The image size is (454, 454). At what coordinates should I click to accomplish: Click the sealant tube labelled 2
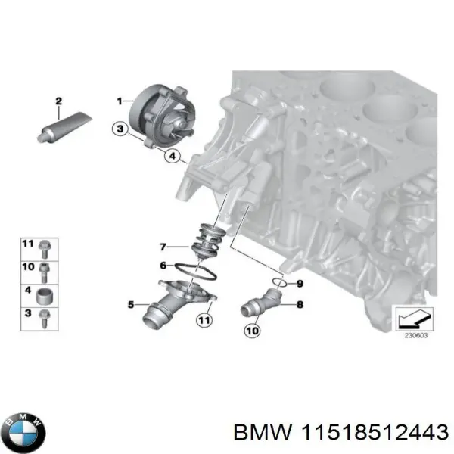point(64,126)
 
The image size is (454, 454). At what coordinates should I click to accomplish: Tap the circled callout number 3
point(119,129)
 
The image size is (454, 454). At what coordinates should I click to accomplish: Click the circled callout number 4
point(173,157)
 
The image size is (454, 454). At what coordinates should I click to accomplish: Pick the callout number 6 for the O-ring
point(163,265)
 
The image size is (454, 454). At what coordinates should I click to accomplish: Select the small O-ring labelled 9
point(280,283)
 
